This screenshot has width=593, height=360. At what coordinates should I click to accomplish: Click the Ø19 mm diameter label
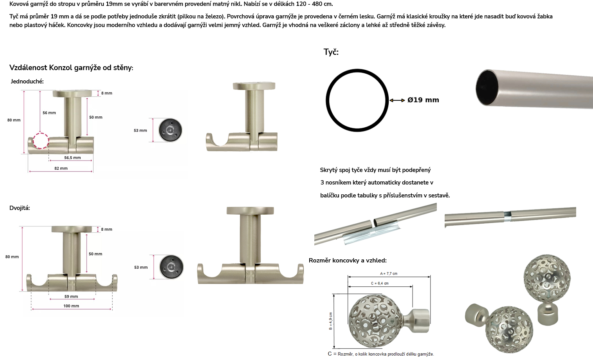(423, 100)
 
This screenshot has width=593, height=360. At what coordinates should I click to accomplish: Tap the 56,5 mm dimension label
(72, 157)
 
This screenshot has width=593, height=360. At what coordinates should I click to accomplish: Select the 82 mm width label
(61, 168)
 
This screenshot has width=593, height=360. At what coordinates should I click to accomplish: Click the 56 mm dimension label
(49, 112)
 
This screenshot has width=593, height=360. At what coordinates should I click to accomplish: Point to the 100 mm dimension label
(71, 306)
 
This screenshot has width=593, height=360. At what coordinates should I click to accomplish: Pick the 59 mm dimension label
(71, 297)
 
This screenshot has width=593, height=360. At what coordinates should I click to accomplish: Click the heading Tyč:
(331, 52)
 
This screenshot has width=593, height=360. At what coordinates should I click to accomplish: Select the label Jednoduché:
(27, 81)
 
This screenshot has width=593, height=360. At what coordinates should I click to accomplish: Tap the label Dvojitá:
(20, 208)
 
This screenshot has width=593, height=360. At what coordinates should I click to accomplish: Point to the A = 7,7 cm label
(389, 273)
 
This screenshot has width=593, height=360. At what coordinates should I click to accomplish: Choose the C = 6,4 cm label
(380, 283)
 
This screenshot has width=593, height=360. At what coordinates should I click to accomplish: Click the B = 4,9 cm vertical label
(331, 321)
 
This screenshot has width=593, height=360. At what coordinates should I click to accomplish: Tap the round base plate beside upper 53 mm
(170, 130)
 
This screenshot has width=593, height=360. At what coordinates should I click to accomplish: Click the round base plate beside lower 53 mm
(171, 267)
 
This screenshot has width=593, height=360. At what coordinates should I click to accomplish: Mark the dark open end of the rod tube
(487, 88)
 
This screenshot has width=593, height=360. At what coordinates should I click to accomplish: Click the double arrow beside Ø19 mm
(397, 100)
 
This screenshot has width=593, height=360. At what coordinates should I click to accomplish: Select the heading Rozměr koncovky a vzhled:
(348, 261)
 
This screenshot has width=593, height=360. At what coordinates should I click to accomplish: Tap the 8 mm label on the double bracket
(106, 230)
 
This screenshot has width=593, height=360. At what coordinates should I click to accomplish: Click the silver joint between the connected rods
(507, 216)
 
